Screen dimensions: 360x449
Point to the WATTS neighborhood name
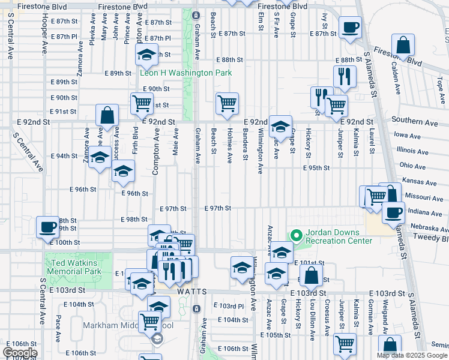pyautogui.click(x=192, y=292)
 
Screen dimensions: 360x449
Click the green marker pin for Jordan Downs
pyautogui.click(x=295, y=235)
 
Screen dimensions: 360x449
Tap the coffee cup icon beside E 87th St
pyautogui.click(x=350, y=27)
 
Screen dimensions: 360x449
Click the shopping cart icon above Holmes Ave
pyautogui.click(x=227, y=103)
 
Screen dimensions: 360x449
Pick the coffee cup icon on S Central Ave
pyautogui.click(x=48, y=227)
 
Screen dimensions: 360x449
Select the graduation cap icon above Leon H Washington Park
pyautogui.click(x=146, y=56)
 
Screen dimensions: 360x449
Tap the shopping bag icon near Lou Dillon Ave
pyautogui.click(x=312, y=276)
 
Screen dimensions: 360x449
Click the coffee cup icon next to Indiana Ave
pyautogui.click(x=394, y=212)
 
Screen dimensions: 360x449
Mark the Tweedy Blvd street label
pyautogui.click(x=435, y=238)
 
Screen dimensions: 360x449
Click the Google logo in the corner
pyautogui.click(x=20, y=352)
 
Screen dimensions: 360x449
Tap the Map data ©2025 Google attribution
pyautogui.click(x=411, y=355)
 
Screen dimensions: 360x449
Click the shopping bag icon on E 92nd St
pyautogui.click(x=107, y=115)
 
